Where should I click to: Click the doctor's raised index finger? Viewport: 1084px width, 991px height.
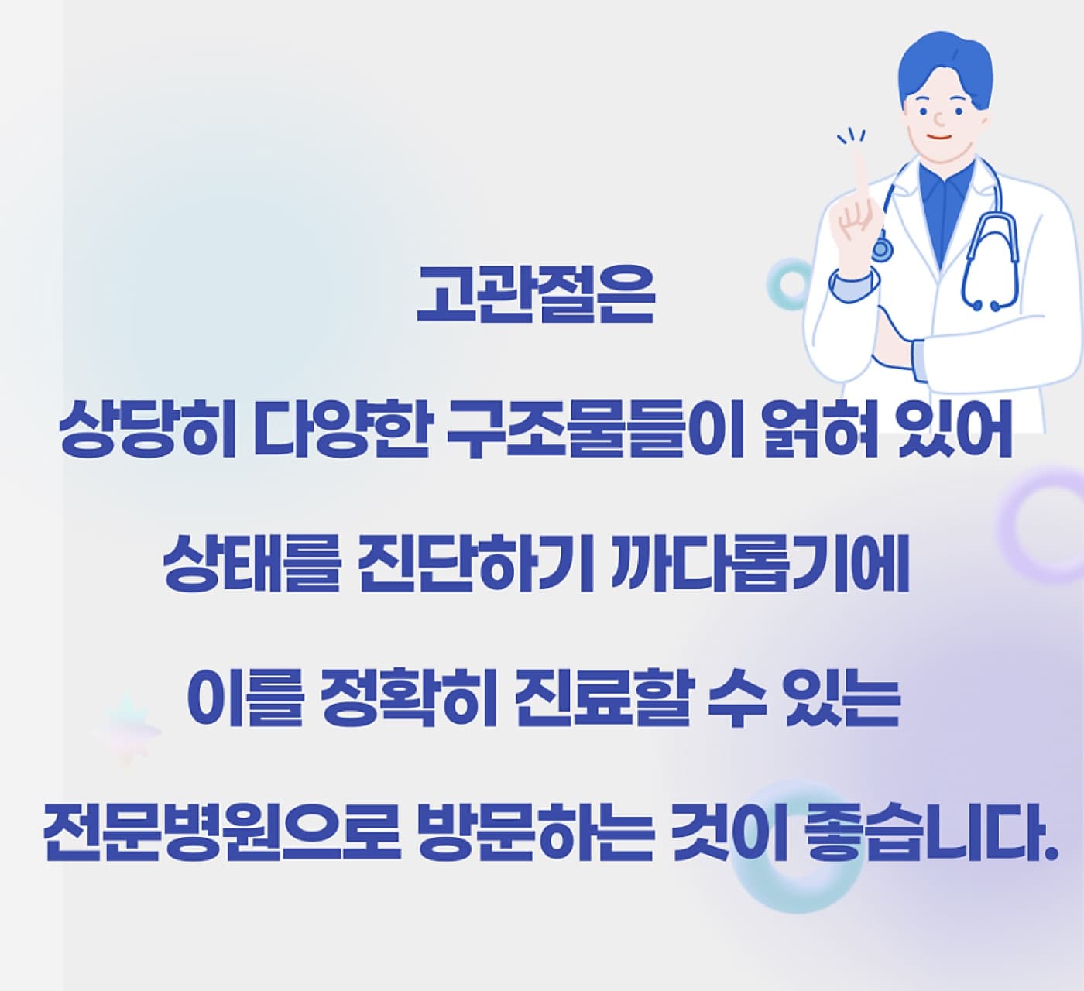coord(860,173)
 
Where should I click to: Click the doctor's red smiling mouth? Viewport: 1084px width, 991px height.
coord(942,136)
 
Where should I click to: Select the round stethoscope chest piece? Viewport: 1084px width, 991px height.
coord(881,249)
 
